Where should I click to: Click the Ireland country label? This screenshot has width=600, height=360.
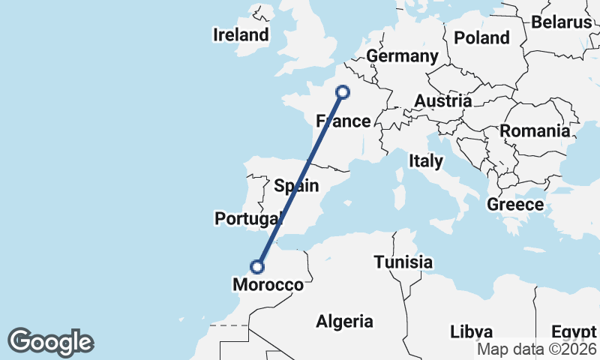[241, 34]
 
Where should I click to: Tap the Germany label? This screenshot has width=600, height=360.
[402, 56]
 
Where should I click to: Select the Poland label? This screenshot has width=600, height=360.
[481, 37]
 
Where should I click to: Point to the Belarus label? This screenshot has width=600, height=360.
[562, 22]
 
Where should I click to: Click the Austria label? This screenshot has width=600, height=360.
[442, 100]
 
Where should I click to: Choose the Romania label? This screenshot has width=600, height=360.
[535, 131]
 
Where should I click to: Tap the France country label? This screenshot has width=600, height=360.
[343, 121]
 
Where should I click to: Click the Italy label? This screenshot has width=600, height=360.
[426, 160]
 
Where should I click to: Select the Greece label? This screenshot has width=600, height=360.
[515, 204]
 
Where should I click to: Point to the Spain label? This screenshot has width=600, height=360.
[296, 186]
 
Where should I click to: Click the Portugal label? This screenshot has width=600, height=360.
[247, 219]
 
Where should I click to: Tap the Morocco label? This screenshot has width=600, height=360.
[268, 285]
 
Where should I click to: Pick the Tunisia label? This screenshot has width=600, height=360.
[403, 262]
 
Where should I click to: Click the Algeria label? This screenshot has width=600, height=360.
[344, 322]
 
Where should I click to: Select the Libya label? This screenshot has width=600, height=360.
[472, 331]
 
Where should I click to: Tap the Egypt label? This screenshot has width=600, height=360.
[574, 331]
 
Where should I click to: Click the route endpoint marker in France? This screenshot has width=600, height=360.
[343, 92]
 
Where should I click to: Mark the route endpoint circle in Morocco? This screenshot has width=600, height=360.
[257, 266]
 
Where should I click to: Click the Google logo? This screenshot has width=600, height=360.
[50, 342]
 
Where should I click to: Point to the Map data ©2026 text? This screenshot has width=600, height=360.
[537, 349]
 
